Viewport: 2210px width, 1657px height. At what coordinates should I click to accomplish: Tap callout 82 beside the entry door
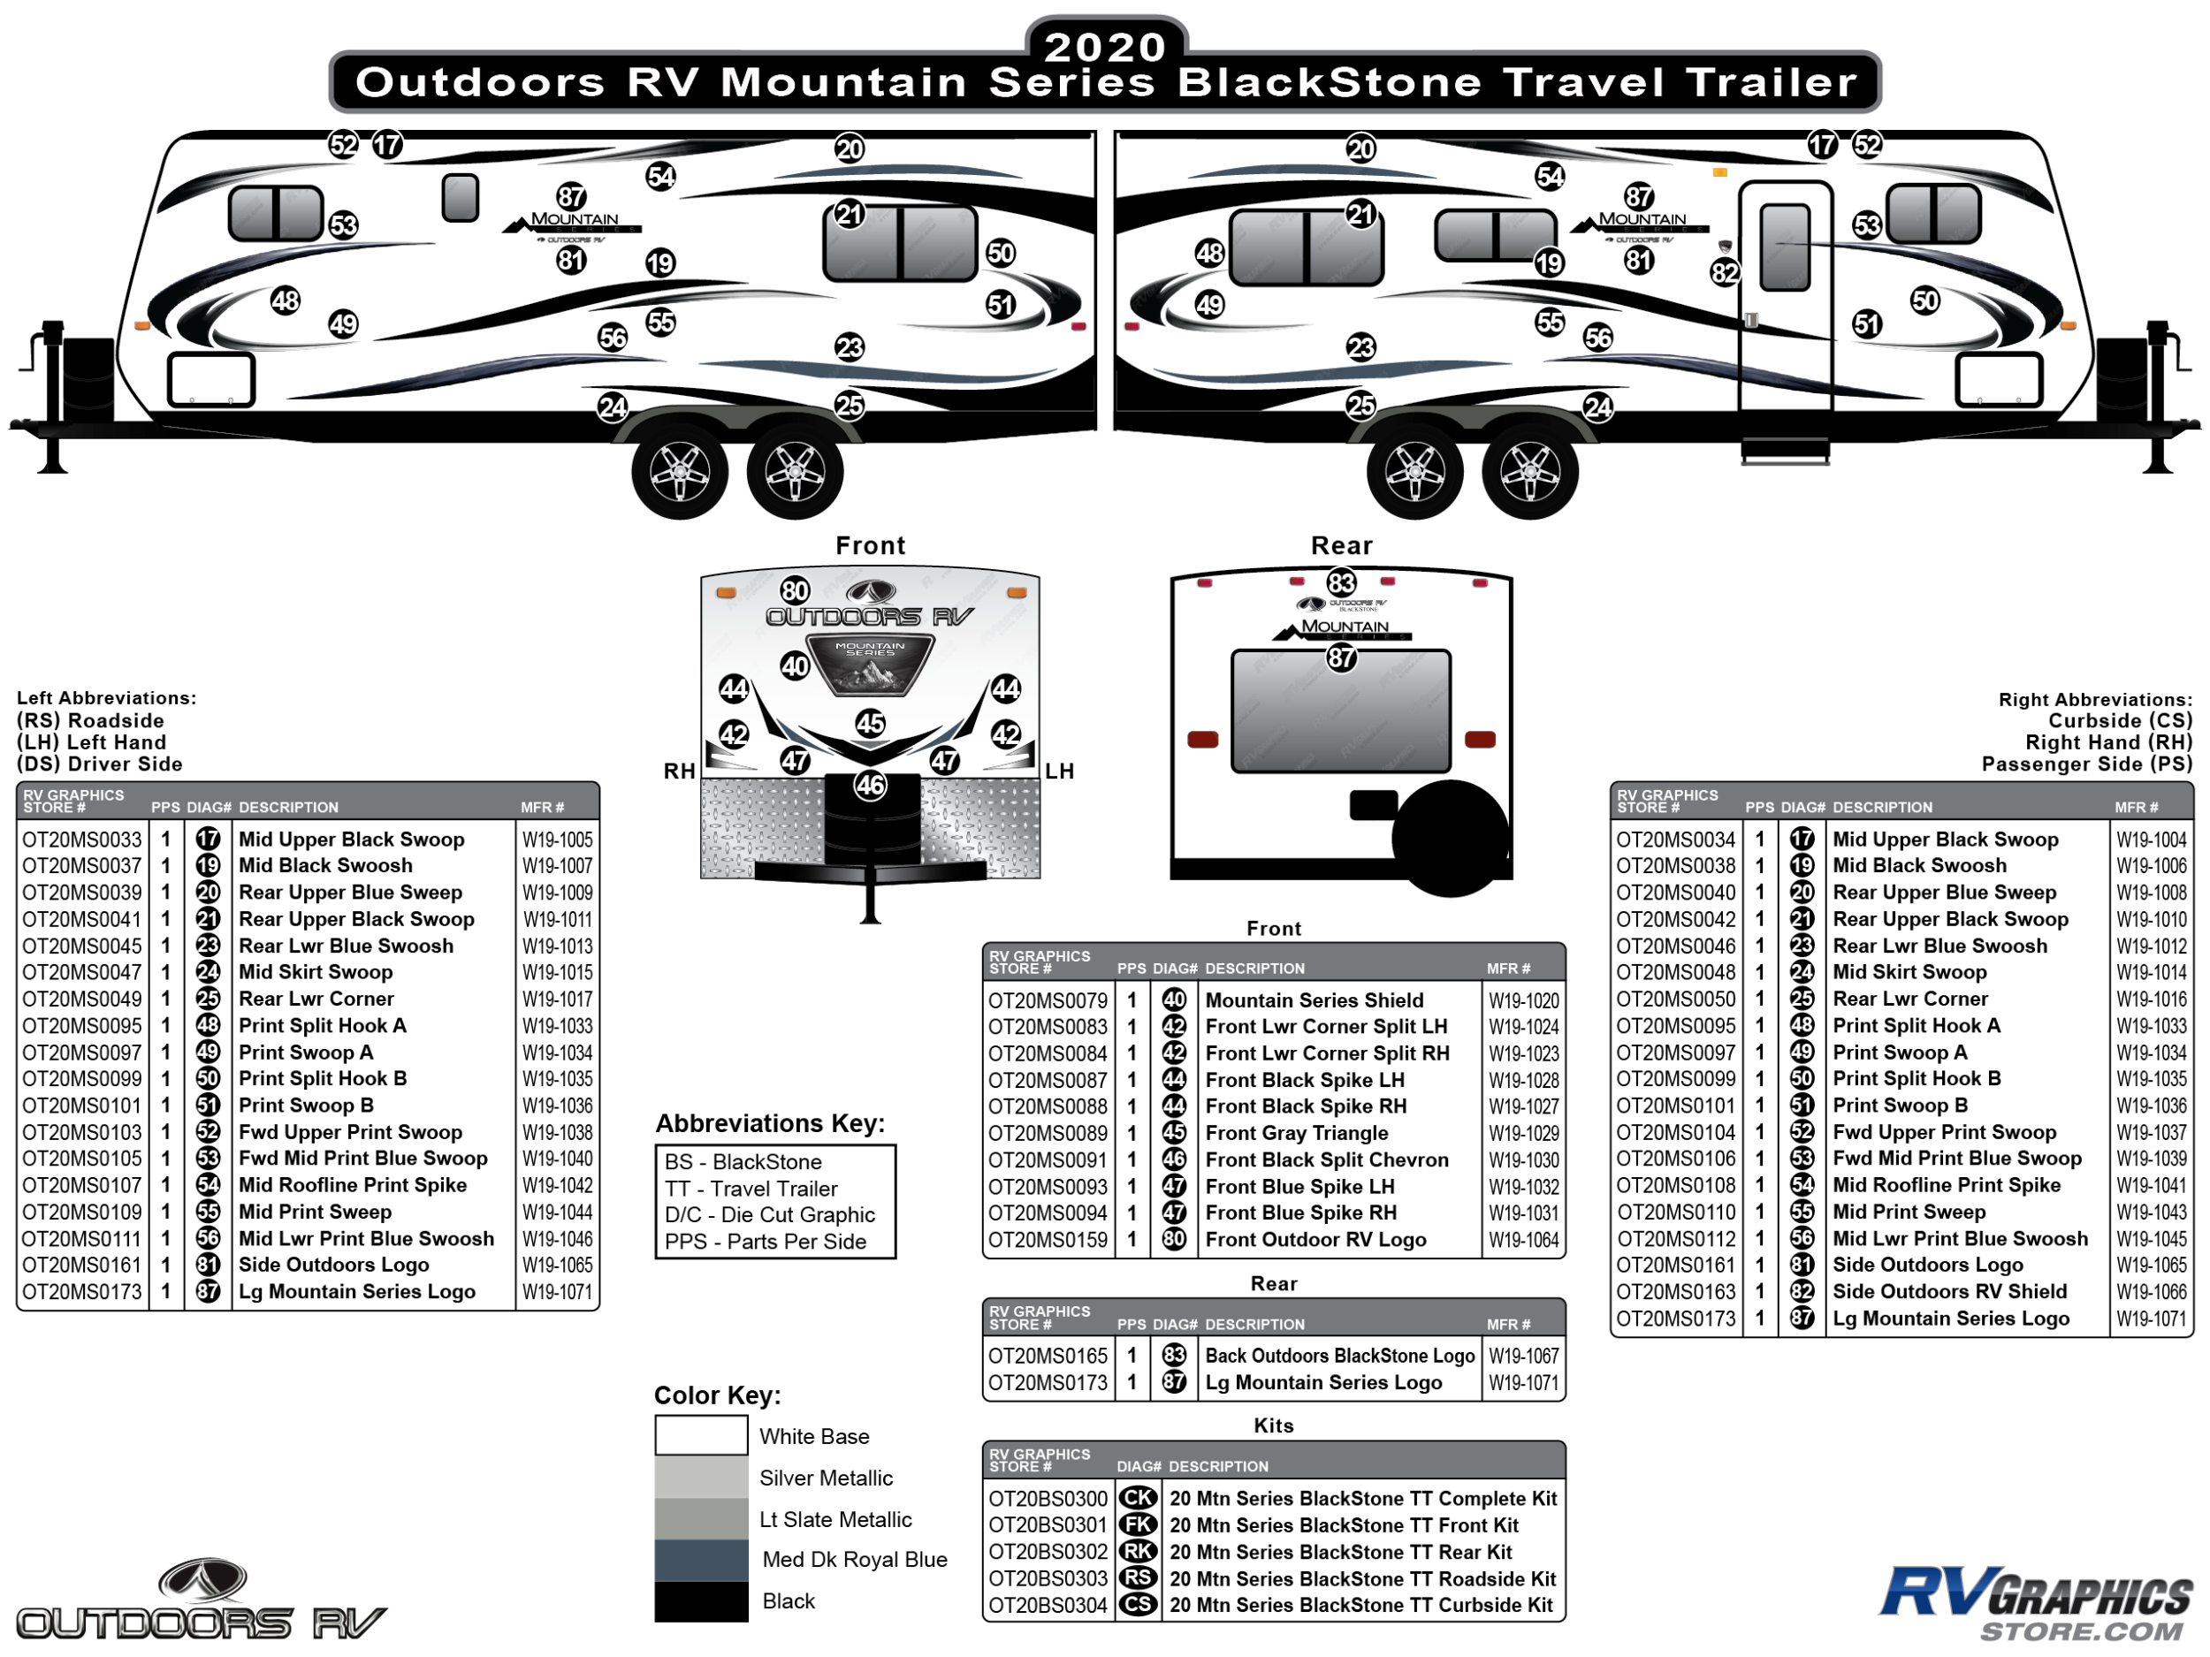(x=1726, y=273)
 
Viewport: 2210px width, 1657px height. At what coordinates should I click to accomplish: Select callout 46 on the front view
(x=870, y=785)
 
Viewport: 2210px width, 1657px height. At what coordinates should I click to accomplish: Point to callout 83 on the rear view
(x=1341, y=582)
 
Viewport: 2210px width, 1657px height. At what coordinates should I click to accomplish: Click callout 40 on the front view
(x=795, y=665)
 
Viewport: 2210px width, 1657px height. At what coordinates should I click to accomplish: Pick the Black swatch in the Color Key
(x=701, y=1601)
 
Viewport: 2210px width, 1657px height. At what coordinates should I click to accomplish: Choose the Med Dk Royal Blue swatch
(x=701, y=1560)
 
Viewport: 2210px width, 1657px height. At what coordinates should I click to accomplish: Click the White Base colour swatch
(x=701, y=1435)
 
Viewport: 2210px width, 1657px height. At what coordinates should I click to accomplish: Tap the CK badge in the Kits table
(x=1138, y=1498)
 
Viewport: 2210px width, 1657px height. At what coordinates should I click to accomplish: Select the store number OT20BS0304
(x=1048, y=1605)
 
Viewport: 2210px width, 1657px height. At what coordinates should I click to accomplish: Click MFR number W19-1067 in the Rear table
(x=1524, y=1356)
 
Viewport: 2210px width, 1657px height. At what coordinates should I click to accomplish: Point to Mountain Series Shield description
(x=1315, y=1000)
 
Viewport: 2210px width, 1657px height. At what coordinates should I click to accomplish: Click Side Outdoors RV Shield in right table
(x=1949, y=1291)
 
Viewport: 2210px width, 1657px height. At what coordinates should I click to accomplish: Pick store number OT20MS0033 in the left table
(x=83, y=839)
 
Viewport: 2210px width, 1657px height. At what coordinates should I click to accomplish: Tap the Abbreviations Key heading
(x=770, y=1123)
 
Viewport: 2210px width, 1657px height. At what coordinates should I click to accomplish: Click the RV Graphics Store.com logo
(x=2035, y=1605)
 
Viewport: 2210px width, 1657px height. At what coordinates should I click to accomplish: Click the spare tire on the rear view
(x=1451, y=838)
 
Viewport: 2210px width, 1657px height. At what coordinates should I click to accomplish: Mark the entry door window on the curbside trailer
(x=1785, y=247)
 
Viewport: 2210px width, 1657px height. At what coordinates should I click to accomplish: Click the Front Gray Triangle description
(x=1297, y=1133)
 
